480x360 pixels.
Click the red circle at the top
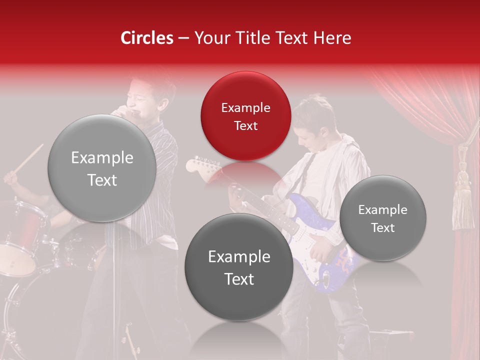pyautogui.click(x=245, y=116)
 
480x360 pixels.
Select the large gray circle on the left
pyautogui.click(x=102, y=168)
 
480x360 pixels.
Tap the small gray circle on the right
pyautogui.click(x=382, y=218)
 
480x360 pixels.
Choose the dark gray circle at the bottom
pyautogui.click(x=238, y=267)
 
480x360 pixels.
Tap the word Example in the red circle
pyautogui.click(x=245, y=108)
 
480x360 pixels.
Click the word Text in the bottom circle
pyautogui.click(x=238, y=279)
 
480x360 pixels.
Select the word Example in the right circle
pyautogui.click(x=382, y=210)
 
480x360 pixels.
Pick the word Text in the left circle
pyautogui.click(x=102, y=180)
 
